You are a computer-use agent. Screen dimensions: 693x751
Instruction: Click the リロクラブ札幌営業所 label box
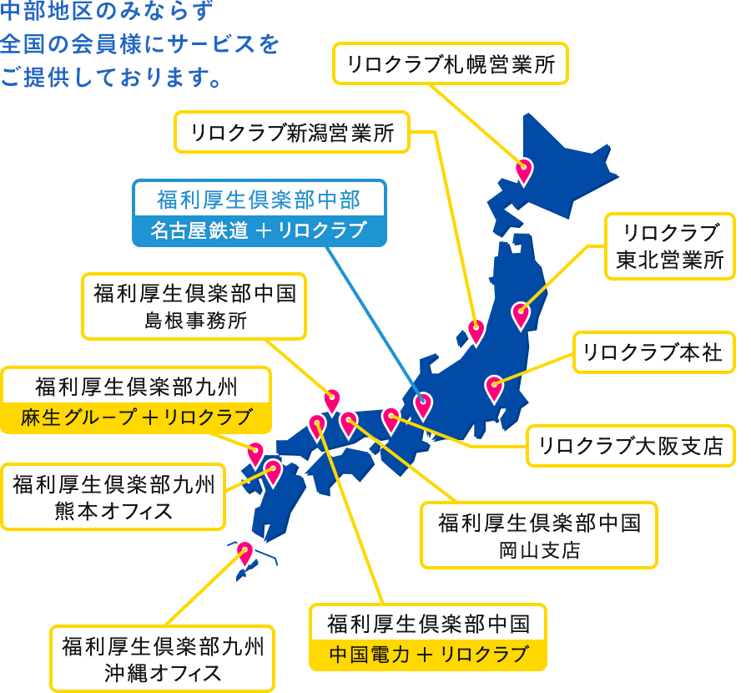[x=451, y=63]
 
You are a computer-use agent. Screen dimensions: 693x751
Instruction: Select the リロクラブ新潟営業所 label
[x=292, y=132]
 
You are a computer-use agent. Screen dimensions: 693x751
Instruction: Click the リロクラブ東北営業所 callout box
[x=670, y=246]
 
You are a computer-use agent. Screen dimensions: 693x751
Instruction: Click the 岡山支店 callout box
[x=539, y=534]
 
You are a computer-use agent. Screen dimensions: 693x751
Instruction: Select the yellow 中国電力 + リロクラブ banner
[x=428, y=654]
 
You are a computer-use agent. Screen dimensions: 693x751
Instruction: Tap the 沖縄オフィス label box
[x=163, y=659]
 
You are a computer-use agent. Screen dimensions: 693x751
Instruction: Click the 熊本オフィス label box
[x=113, y=496]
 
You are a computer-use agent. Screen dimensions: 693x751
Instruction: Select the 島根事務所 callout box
[x=194, y=306]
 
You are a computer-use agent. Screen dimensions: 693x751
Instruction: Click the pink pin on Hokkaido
[x=524, y=169]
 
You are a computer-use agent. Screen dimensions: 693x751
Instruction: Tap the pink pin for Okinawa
[x=244, y=552]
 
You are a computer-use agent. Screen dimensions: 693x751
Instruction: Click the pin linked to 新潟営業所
[x=476, y=331]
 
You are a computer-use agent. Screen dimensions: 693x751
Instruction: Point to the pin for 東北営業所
[x=521, y=315]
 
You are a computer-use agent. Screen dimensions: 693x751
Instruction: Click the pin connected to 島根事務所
[x=332, y=400]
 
